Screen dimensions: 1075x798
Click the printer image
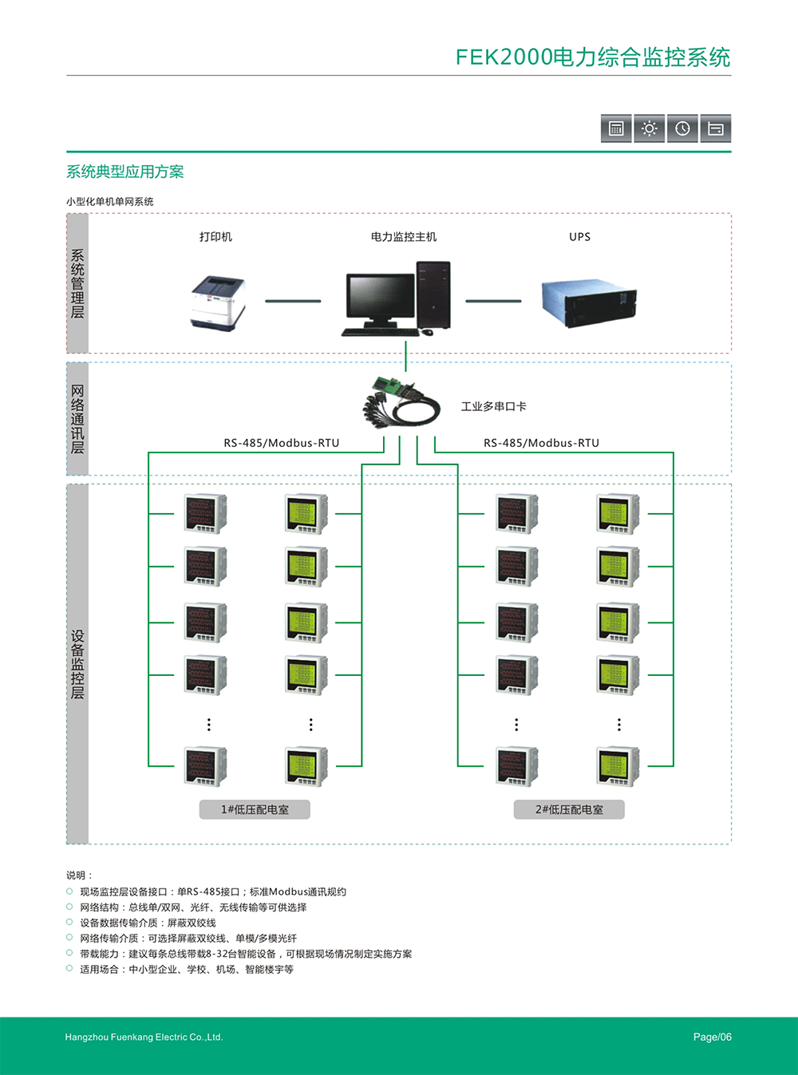[218, 302]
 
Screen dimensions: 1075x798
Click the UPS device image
[589, 302]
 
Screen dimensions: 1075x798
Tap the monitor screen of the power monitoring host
[381, 296]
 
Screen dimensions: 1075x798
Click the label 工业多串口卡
[493, 406]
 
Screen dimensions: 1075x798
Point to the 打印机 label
[215, 237]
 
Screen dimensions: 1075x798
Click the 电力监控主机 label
[403, 237]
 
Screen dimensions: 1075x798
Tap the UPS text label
[579, 237]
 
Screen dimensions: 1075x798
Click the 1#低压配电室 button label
[255, 809]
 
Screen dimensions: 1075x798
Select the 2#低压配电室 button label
[569, 809]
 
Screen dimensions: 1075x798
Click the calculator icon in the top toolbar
[616, 128]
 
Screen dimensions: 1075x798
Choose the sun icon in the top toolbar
[650, 128]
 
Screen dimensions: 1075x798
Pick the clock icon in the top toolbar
[682, 128]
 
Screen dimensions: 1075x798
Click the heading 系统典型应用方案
[125, 172]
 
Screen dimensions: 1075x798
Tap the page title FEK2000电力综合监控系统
[592, 57]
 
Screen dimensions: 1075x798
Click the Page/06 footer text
[712, 1037]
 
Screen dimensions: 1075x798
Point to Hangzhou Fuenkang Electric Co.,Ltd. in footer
[144, 1037]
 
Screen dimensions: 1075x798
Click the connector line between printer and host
[293, 301]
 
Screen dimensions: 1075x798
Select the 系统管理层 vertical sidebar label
[77, 283]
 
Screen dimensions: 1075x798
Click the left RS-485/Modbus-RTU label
[281, 443]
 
